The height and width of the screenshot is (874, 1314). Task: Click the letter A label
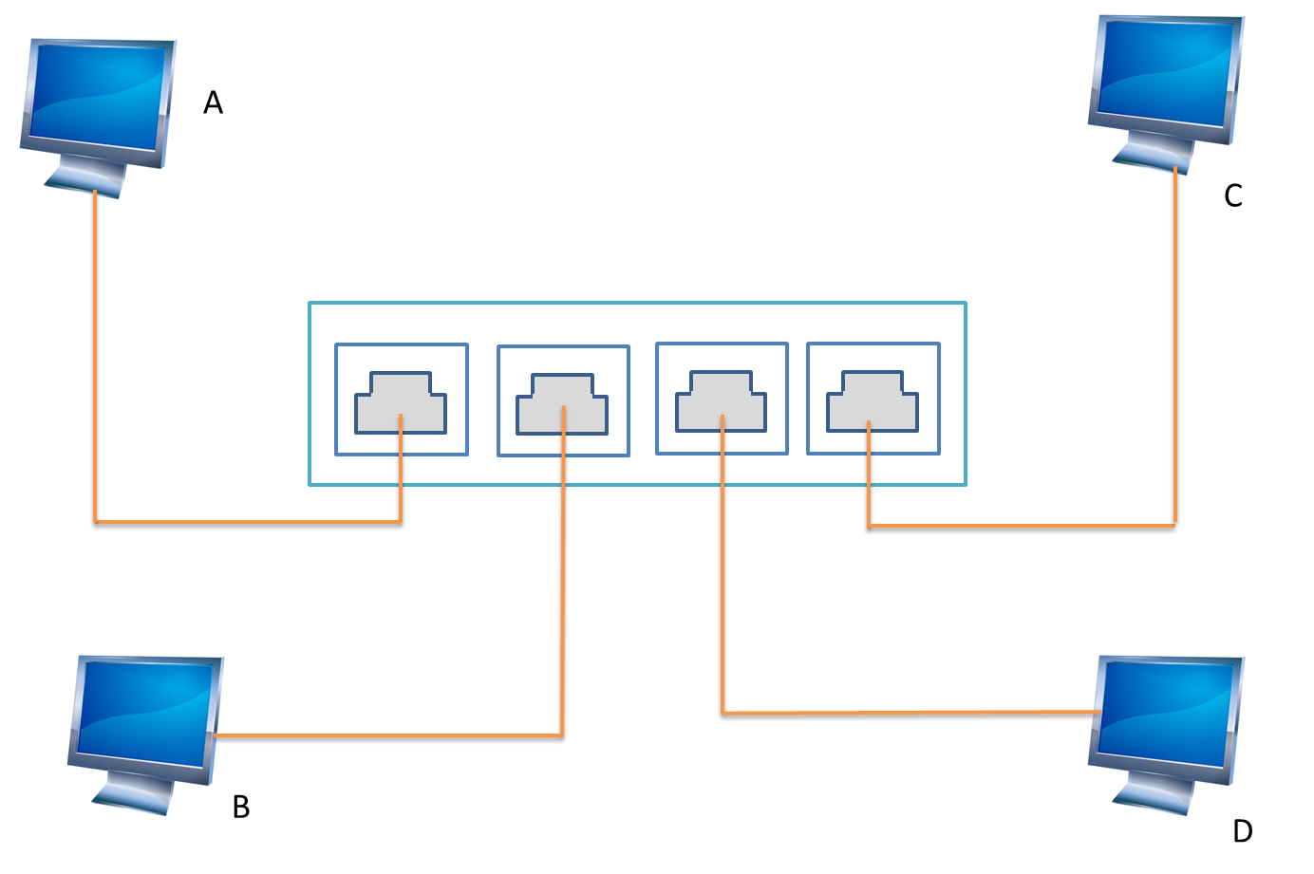click(x=213, y=102)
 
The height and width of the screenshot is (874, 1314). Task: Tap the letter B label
click(x=241, y=807)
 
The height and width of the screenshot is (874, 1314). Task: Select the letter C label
click(x=1232, y=196)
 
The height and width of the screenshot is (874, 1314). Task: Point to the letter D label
click(x=1242, y=831)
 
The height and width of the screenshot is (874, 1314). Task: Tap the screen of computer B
click(x=145, y=712)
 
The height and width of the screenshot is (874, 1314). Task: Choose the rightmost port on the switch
click(x=873, y=400)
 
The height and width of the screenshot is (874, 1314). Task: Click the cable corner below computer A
click(x=95, y=522)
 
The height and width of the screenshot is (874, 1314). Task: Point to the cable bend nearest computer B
click(x=563, y=735)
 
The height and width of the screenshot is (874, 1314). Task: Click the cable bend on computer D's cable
click(x=723, y=712)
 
